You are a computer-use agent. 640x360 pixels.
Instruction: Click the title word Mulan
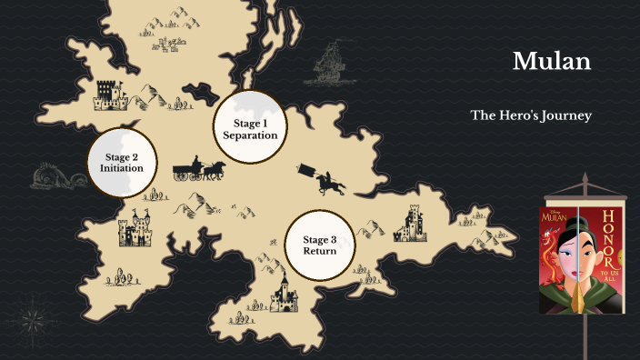[x=552, y=62]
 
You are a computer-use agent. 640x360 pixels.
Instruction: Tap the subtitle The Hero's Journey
[x=531, y=115]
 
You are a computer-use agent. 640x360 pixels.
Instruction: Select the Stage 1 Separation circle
[x=250, y=128]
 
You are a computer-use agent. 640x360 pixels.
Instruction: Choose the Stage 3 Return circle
[x=320, y=245]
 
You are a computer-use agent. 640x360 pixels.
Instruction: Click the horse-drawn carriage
[x=199, y=169]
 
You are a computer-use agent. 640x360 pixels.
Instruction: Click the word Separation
[x=250, y=135]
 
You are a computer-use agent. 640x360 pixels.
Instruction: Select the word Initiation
[x=122, y=169]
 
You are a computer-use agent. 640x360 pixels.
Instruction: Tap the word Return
[x=320, y=251]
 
